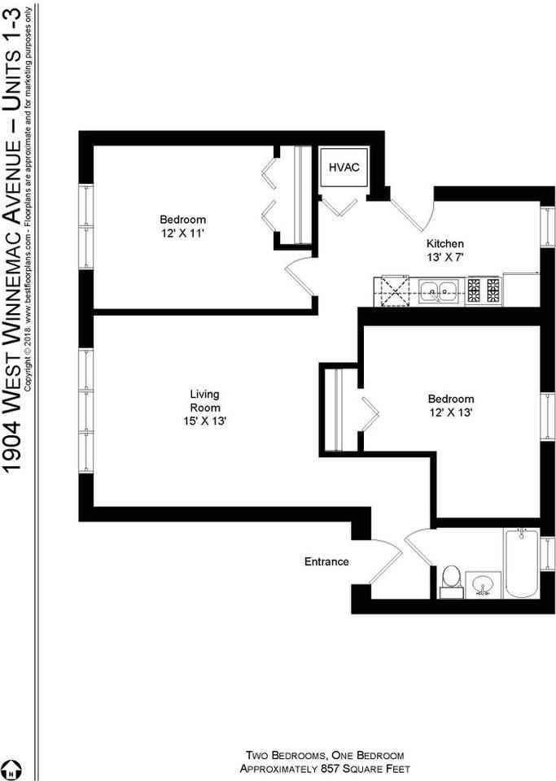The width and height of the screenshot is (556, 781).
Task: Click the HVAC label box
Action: click(x=342, y=168)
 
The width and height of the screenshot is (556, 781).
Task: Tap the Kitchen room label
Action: click(x=445, y=243)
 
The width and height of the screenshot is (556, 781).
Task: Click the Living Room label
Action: click(x=204, y=401)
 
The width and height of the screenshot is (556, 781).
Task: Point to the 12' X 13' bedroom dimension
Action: click(x=451, y=413)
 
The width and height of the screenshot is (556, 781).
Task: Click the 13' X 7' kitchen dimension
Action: click(x=445, y=258)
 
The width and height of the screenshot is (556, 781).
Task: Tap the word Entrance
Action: click(x=326, y=561)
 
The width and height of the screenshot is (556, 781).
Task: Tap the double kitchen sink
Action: click(x=440, y=290)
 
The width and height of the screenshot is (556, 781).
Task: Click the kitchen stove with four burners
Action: click(x=484, y=290)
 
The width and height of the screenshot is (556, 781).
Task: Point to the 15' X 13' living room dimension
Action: click(x=204, y=421)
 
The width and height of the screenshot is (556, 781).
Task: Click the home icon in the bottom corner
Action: click(x=11, y=769)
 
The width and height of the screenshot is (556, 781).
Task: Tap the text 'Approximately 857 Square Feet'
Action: click(x=325, y=769)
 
